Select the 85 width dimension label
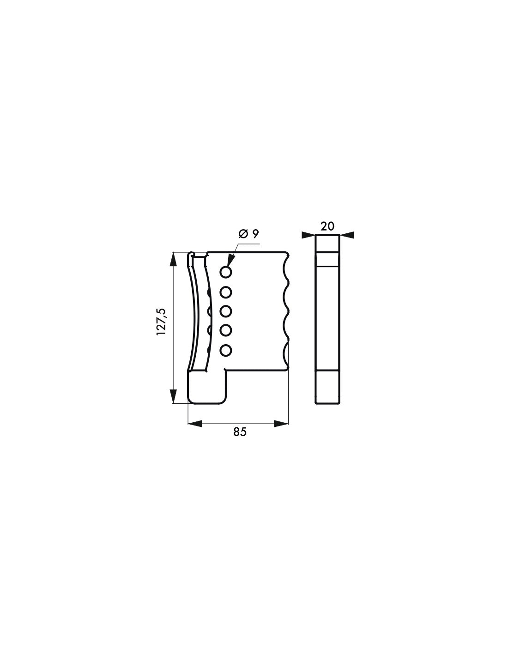click(240, 432)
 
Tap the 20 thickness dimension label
click(327, 226)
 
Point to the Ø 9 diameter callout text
click(249, 234)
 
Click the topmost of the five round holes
click(226, 272)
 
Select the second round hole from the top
click(226, 292)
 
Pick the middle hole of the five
click(226, 311)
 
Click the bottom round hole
click(226, 351)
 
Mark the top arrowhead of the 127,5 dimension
click(173, 259)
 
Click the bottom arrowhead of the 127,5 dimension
click(173, 396)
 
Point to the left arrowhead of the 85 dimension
click(196, 423)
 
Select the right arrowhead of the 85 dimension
click(281, 423)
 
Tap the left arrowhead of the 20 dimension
click(308, 235)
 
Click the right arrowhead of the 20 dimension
click(347, 235)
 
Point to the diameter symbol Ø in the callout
click(243, 234)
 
